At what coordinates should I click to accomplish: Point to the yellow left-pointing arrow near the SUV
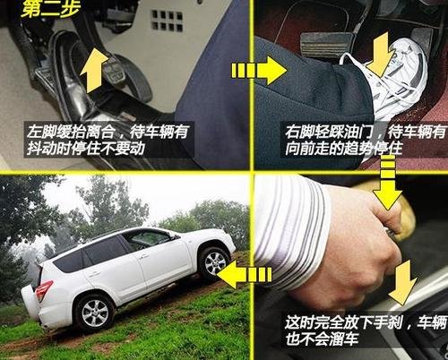tap(235, 274)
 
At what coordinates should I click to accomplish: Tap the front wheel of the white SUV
tap(213, 261)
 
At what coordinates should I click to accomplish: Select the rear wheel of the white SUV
tap(94, 312)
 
